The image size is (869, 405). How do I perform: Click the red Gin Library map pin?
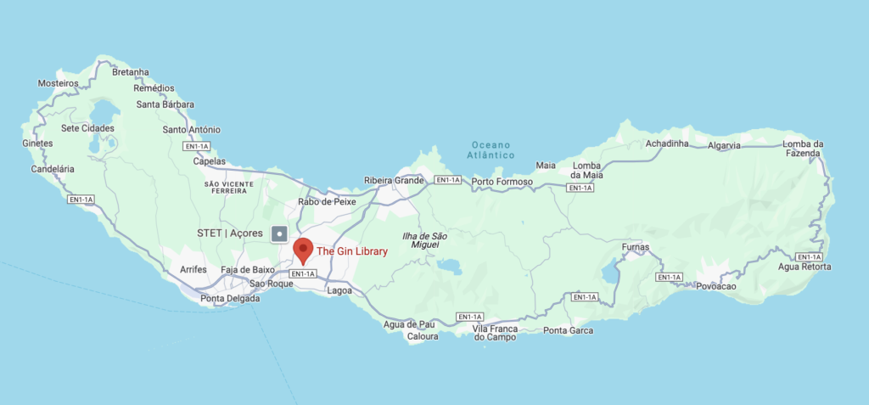tap(302, 251)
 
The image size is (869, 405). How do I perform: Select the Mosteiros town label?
tap(59, 83)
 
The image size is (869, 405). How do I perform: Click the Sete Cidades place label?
tap(81, 128)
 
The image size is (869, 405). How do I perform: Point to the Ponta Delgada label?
tap(230, 298)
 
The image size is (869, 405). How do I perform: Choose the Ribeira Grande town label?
tap(393, 180)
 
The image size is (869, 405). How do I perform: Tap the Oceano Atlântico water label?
tap(493, 150)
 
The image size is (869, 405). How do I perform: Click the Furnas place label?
tap(635, 247)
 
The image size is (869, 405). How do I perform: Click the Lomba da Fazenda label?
tap(803, 149)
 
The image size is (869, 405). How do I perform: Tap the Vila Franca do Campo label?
tap(495, 332)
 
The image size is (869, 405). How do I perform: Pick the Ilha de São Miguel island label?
tap(424, 240)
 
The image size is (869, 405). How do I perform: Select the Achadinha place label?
tap(666, 143)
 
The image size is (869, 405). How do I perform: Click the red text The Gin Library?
tap(352, 250)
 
